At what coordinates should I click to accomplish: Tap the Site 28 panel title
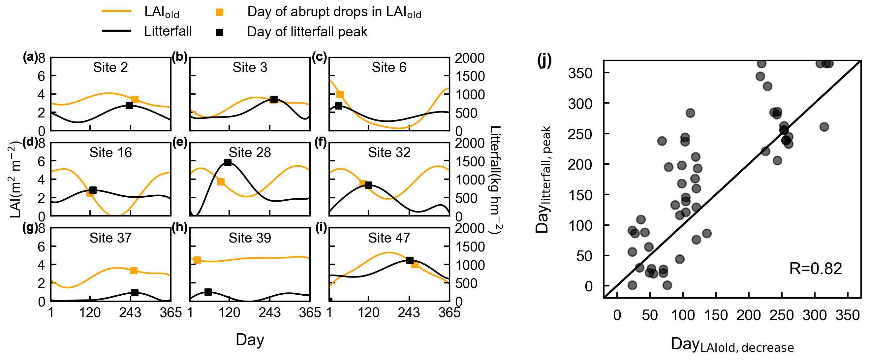click(250, 152)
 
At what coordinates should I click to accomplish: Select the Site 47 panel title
click(389, 238)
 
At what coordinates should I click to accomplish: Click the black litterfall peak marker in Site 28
click(228, 162)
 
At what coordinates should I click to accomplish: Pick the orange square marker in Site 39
click(197, 260)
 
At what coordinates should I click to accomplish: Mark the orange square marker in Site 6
click(340, 94)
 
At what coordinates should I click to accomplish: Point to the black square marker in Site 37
click(135, 293)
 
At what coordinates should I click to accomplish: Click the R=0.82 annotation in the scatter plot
click(815, 269)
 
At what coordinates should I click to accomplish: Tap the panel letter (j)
click(544, 61)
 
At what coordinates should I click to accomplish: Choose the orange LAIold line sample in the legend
click(116, 11)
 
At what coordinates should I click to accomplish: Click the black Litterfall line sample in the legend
click(116, 31)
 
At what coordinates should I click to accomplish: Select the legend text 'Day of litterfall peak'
click(307, 32)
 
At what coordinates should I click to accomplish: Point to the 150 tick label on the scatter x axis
click(716, 315)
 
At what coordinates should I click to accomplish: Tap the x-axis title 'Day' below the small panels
click(250, 340)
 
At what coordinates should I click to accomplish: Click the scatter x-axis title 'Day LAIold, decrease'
click(732, 345)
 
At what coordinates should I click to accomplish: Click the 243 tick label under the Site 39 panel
click(269, 313)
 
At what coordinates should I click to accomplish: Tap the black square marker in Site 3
click(274, 99)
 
